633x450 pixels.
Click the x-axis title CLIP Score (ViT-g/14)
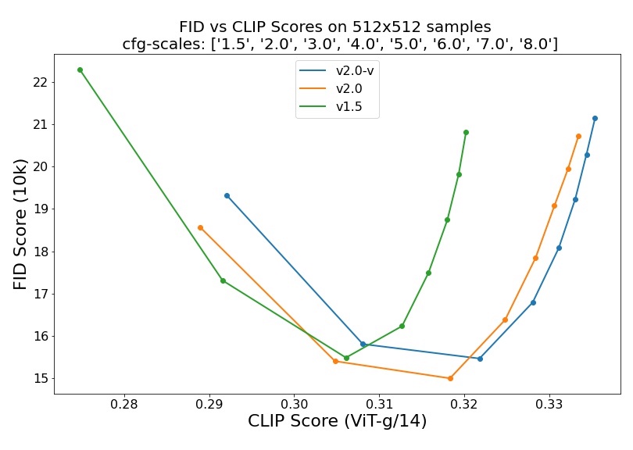[337, 422]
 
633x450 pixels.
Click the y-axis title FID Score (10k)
[20, 223]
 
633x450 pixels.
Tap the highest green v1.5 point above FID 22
[80, 70]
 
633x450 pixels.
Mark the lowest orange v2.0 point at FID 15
[450, 378]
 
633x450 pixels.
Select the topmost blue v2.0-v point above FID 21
[595, 118]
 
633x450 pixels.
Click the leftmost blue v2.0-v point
[227, 195]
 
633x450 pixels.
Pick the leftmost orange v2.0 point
[200, 227]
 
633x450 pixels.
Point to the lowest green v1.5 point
[346, 358]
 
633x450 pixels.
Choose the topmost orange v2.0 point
[578, 136]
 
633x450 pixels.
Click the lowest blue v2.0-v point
[480, 359]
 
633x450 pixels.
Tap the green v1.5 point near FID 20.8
[466, 132]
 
